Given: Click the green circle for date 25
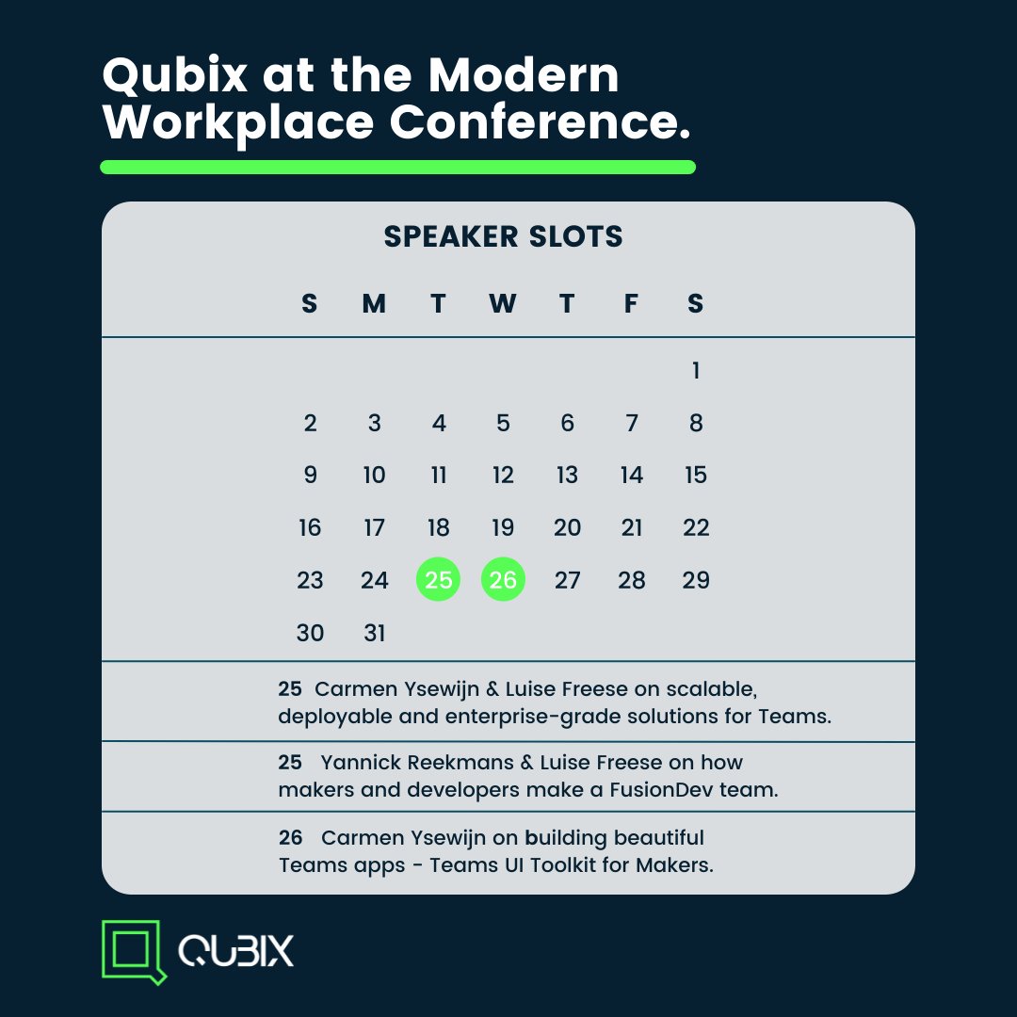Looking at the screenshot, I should point(439,580).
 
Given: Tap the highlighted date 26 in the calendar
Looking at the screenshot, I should point(503,580).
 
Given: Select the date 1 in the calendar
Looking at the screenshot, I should point(696,371).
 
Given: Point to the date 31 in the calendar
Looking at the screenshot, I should point(375,633).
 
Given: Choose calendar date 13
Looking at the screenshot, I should point(567,476).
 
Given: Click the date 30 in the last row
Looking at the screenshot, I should point(310,633).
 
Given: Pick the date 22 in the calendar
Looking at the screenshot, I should point(696,527).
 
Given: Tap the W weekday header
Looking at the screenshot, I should point(503,303).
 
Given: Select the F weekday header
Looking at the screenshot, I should point(632,303).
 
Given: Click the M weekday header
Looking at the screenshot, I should point(374,303).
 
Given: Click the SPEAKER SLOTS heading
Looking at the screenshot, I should point(503,236).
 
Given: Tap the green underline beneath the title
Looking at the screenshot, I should point(397,168).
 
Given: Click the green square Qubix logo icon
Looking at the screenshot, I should point(132,949).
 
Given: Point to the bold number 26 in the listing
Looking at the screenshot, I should point(291,837).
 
